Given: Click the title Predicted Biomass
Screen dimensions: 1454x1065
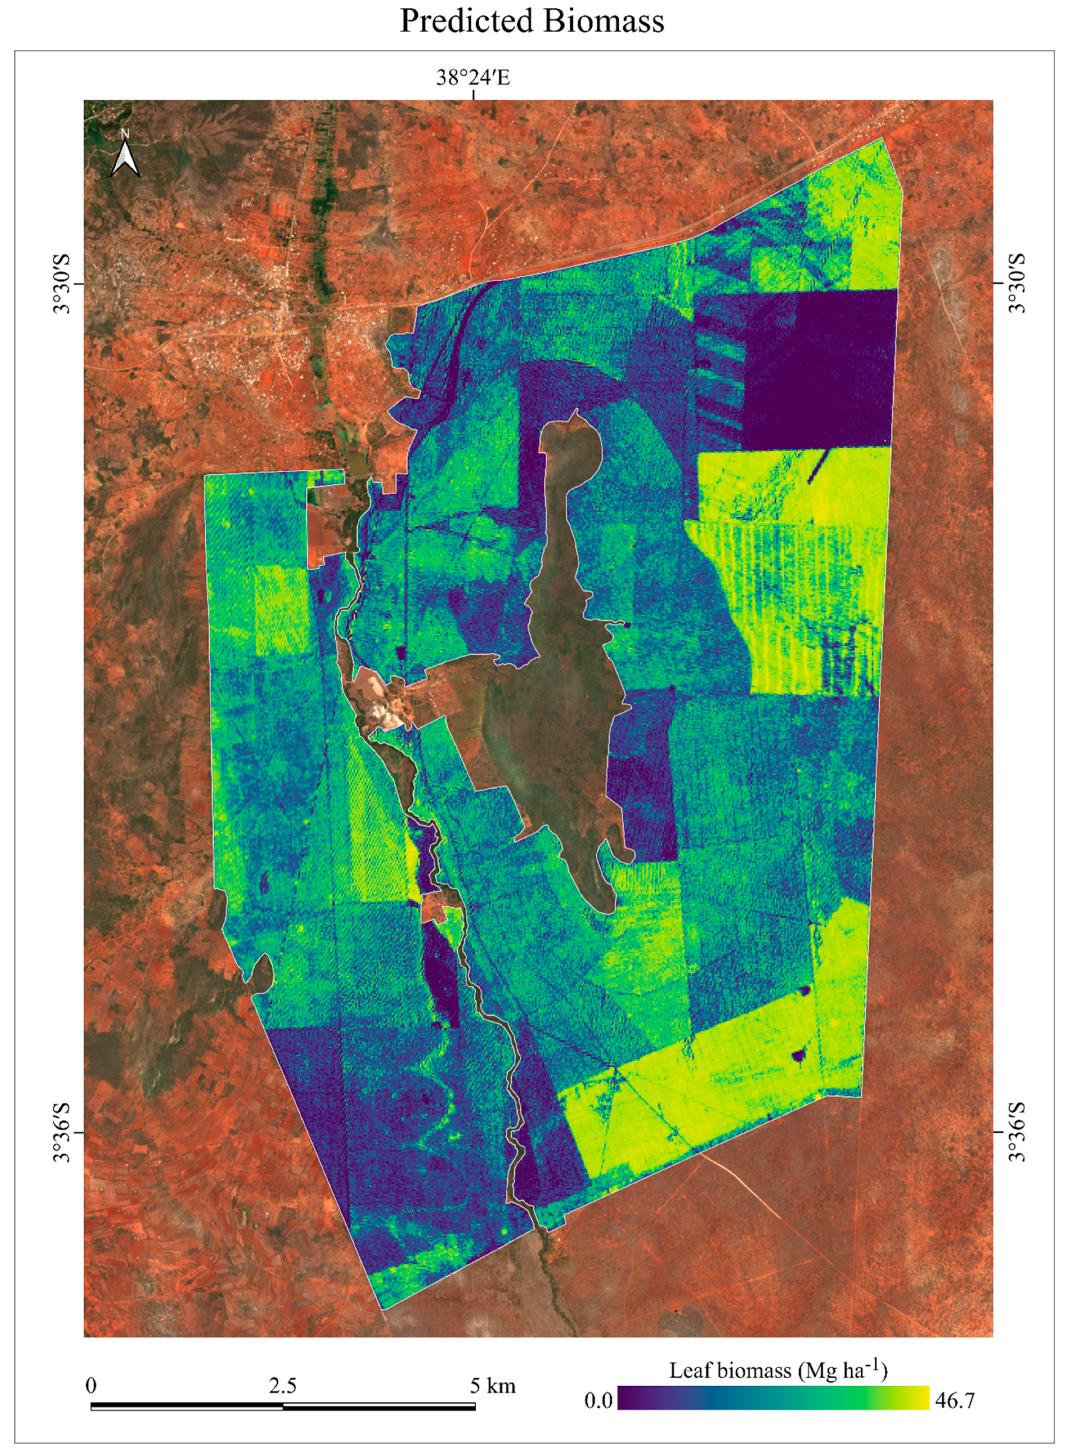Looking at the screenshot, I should click(x=532, y=21).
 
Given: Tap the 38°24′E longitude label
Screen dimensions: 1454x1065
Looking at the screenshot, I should click(x=473, y=78).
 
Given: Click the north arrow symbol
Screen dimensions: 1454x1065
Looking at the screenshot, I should click(x=125, y=154).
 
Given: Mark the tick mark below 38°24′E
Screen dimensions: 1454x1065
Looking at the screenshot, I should click(x=474, y=95).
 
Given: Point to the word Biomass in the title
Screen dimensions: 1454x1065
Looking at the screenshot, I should click(x=602, y=21).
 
